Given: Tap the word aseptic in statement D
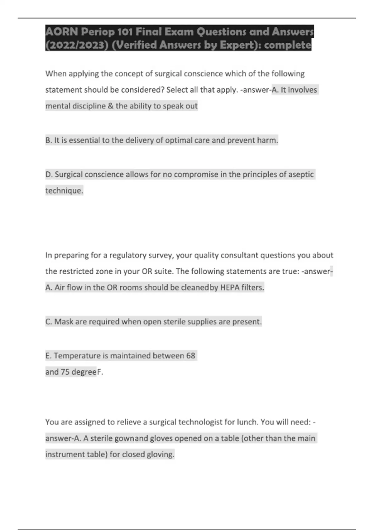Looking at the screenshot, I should pyautogui.click(x=300, y=174).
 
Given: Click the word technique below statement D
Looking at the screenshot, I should pyautogui.click(x=64, y=190).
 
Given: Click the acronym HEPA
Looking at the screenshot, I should pyautogui.click(x=230, y=287).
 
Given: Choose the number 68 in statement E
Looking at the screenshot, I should pyautogui.click(x=190, y=356).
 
